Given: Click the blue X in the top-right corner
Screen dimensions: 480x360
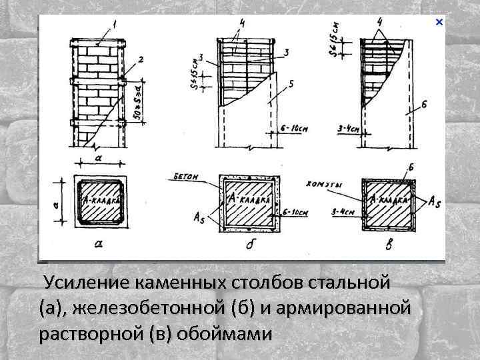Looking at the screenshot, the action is [x=439, y=23].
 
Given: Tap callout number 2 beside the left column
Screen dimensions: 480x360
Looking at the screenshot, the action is [x=141, y=60].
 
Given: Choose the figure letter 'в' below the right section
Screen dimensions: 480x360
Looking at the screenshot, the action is [x=389, y=245].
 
